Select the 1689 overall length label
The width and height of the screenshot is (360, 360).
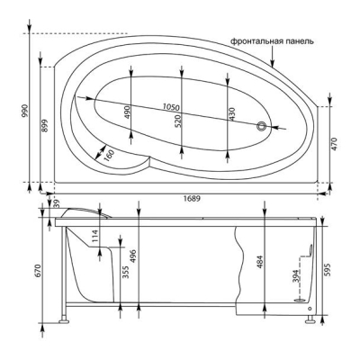(192, 199)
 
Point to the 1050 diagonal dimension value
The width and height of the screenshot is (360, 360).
(171, 106)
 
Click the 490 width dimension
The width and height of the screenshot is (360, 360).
(128, 112)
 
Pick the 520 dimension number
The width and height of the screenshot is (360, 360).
(178, 121)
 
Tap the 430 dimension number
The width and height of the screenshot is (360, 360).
(232, 114)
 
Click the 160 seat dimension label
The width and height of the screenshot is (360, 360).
(109, 156)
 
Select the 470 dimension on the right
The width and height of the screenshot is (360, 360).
(335, 144)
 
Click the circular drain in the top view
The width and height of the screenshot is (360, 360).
(261, 126)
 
